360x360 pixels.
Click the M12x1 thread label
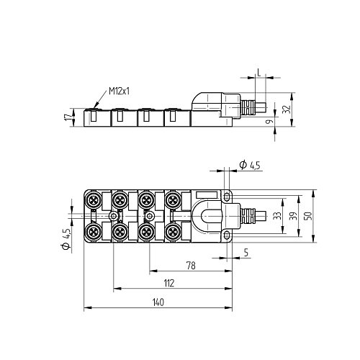tap(120, 91)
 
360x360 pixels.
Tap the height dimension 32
tap(286, 109)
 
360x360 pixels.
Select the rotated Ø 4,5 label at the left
tap(66, 237)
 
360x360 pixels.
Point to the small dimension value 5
tap(246, 252)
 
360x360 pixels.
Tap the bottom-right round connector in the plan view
tap(173, 231)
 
